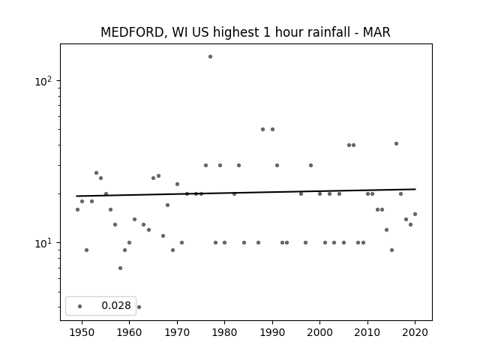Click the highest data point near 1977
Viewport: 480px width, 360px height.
point(210,57)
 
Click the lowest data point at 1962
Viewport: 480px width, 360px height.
point(139,307)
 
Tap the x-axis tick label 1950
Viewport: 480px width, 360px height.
point(82,332)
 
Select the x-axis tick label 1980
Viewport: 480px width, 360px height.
point(224,332)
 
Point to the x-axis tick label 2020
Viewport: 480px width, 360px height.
point(415,332)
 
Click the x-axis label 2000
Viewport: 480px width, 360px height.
point(320,332)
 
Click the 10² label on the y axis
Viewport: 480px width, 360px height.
point(43,81)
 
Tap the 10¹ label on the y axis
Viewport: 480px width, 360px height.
point(43,243)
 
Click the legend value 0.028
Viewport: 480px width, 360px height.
point(116,305)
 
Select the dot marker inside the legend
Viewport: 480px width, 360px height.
point(80,306)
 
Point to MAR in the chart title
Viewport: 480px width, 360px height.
point(376,32)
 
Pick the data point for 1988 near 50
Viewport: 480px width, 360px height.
point(262,130)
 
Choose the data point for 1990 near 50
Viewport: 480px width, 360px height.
point(272,130)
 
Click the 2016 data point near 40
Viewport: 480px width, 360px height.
point(396,143)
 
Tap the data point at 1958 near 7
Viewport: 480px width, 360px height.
point(120,268)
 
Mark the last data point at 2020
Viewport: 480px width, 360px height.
point(415,214)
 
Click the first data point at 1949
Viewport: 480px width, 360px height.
point(77,210)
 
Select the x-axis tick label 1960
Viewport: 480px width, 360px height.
point(129,332)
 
